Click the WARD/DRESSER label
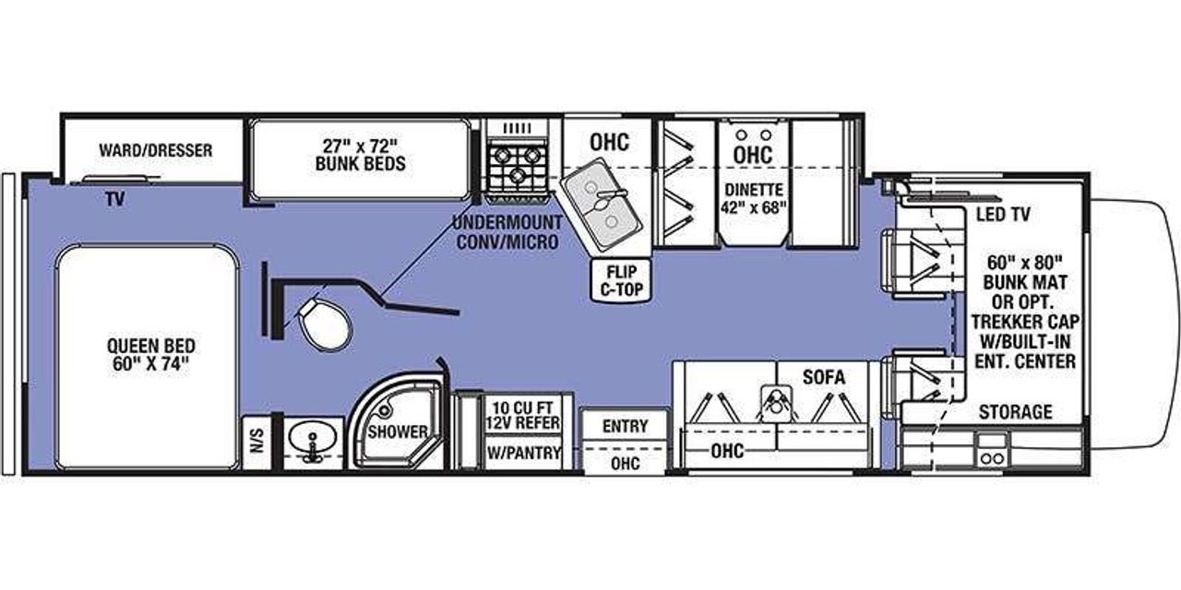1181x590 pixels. [x=155, y=149]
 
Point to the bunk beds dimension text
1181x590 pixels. [x=359, y=154]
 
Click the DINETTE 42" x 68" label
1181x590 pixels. [x=753, y=197]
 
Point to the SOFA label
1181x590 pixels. [x=823, y=376]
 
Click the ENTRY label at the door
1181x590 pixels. [x=625, y=426]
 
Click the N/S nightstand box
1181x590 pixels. [x=256, y=444]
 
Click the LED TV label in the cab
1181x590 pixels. [x=1002, y=215]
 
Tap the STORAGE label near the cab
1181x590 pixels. [x=1015, y=412]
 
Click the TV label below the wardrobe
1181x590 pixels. [x=113, y=198]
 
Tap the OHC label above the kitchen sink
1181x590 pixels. [x=609, y=142]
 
